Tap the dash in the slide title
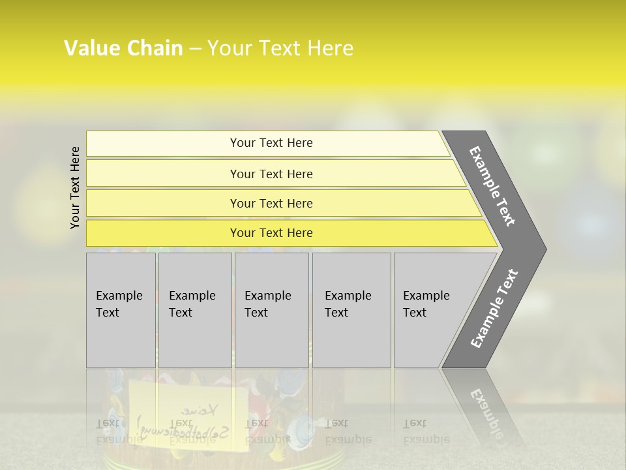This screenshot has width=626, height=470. point(195,49)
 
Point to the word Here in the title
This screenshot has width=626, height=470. point(330,48)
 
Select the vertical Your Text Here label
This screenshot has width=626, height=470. point(75,188)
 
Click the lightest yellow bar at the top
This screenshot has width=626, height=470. point(271,143)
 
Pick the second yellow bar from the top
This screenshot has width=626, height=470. point(271,174)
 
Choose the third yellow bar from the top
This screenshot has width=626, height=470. point(271,203)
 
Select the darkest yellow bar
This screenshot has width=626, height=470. point(271,233)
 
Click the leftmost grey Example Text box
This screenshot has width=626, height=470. point(121,310)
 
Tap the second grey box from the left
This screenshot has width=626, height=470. point(195,310)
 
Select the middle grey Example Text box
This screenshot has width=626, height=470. point(271,310)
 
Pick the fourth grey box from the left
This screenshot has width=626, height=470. point(351,310)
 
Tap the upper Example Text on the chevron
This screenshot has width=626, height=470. point(492,186)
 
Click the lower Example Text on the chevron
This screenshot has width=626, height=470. point(494,308)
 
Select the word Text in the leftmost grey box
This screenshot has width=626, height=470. point(108,313)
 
